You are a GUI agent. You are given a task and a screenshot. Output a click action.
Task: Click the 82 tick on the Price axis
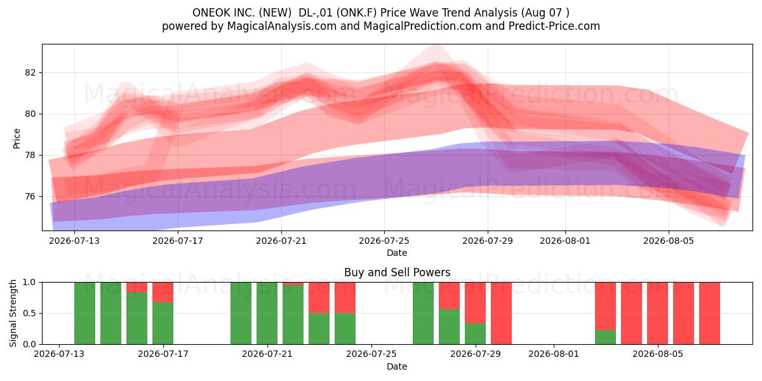pyautogui.click(x=30, y=73)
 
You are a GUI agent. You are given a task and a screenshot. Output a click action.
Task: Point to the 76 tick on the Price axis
pyautogui.click(x=30, y=197)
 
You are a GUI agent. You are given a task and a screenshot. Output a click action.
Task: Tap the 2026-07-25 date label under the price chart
pyautogui.click(x=384, y=241)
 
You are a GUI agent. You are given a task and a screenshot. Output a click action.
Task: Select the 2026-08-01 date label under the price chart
pyautogui.click(x=565, y=241)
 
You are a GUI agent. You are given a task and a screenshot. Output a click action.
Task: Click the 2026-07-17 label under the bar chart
pyautogui.click(x=163, y=354)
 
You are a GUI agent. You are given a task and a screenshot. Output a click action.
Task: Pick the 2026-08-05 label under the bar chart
pyautogui.click(x=658, y=354)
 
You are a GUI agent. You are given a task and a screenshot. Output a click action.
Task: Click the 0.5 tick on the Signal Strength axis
pyautogui.click(x=29, y=313)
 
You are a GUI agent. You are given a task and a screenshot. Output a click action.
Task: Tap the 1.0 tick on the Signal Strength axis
pyautogui.click(x=29, y=283)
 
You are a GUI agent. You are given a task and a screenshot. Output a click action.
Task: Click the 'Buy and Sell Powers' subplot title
pyautogui.click(x=397, y=272)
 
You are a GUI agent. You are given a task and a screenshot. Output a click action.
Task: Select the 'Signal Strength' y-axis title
pyautogui.click(x=13, y=313)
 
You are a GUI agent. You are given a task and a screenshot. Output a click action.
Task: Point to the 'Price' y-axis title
pyautogui.click(x=17, y=139)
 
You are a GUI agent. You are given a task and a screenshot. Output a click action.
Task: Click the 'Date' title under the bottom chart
pyautogui.click(x=397, y=367)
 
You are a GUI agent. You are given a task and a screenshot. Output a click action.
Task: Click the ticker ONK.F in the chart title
pyautogui.click(x=359, y=13)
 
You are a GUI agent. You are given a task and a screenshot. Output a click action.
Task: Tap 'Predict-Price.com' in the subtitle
pyautogui.click(x=554, y=26)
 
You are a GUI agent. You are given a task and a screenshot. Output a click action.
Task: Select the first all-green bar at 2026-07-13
pyautogui.click(x=84, y=313)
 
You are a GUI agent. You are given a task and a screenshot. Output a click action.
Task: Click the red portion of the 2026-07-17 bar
pyautogui.click(x=163, y=292)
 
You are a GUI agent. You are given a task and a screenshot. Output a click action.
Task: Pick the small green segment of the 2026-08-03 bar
pyautogui.click(x=606, y=337)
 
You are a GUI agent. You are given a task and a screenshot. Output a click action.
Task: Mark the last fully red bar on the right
pyautogui.click(x=710, y=313)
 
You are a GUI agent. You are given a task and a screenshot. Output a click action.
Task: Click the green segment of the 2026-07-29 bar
pyautogui.click(x=475, y=334)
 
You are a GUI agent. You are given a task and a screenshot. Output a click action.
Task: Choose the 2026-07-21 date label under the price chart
pyautogui.click(x=281, y=241)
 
